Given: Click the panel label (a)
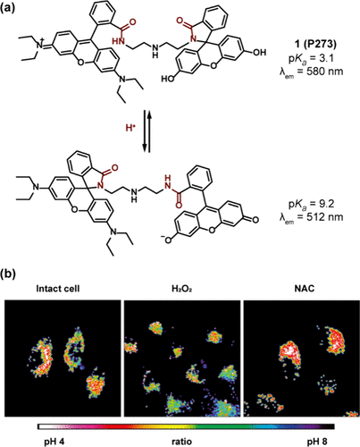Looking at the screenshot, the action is (8, 7).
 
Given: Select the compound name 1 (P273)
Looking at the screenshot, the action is (314, 45).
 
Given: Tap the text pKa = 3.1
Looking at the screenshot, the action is (312, 58).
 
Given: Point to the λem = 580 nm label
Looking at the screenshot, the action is (311, 72).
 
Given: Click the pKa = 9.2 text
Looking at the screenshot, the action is (312, 204).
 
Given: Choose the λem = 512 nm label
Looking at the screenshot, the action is (311, 217).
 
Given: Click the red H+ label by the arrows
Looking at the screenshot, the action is (130, 129).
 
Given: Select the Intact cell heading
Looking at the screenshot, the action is (58, 289).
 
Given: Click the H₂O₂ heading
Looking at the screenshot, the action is (182, 289).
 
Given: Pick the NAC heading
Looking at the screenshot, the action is (306, 289).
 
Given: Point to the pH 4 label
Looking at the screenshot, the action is (54, 442).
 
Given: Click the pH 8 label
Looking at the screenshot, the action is (317, 442).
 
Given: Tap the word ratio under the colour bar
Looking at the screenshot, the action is (182, 442).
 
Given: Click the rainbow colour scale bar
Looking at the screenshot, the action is (186, 426).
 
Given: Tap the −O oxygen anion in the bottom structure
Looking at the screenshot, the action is (167, 240).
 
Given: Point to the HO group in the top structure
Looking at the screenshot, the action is (167, 79).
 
